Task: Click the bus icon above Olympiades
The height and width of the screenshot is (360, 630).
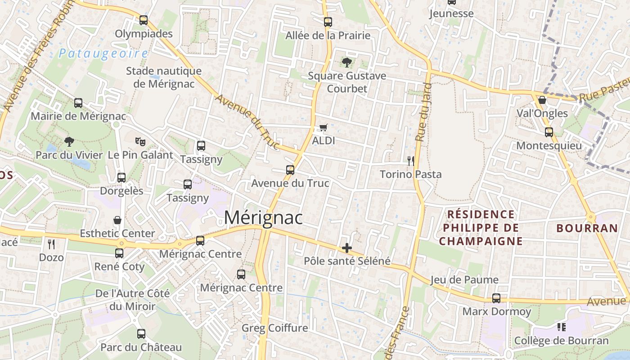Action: click(144, 20)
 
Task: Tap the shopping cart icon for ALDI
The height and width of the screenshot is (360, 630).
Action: click(323, 128)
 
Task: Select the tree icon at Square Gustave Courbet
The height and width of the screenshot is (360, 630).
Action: click(346, 63)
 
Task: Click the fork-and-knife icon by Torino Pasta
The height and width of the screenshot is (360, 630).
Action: click(410, 161)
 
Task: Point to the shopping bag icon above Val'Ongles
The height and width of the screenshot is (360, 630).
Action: click(542, 100)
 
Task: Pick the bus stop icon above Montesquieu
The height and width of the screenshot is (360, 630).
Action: click(549, 132)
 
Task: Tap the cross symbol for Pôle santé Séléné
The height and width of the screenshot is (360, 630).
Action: click(346, 248)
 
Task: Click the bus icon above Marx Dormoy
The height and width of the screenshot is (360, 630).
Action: click(496, 298)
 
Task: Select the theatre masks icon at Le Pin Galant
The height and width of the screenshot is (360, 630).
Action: click(140, 141)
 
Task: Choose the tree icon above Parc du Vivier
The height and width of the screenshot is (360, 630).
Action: click(69, 142)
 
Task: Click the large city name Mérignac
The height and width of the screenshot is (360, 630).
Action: click(263, 218)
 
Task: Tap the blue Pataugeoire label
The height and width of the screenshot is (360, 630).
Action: click(103, 54)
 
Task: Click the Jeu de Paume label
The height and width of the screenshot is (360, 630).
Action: click(464, 280)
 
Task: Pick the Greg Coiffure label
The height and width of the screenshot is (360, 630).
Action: click(275, 328)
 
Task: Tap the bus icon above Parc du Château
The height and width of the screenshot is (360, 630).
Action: click(141, 334)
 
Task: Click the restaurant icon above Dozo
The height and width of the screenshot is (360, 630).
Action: click(51, 244)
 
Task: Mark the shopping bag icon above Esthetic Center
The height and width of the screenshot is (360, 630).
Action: click(117, 220)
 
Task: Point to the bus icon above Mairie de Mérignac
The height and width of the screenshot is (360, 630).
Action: click(78, 103)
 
